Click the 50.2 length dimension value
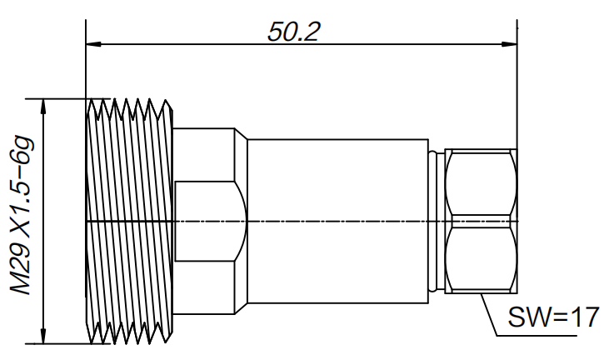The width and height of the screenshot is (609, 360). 294,31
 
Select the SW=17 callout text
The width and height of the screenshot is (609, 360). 553,317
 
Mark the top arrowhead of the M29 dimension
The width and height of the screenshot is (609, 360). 43,105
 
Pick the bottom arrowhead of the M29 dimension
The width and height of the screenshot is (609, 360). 43,337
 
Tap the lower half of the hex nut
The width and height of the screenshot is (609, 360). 481,258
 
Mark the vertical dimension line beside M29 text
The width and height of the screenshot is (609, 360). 43,220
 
